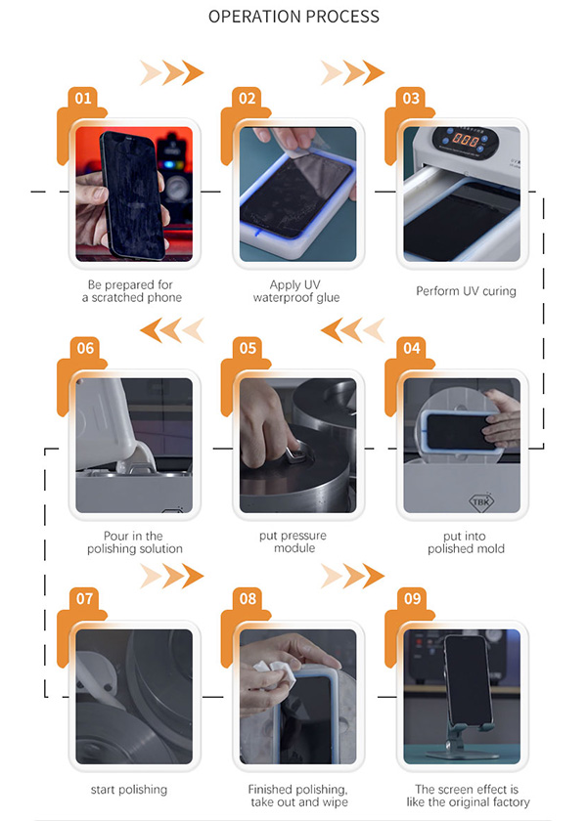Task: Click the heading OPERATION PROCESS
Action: (293, 17)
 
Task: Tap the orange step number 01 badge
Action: (83, 98)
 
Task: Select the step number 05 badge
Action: (248, 348)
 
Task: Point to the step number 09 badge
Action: (412, 598)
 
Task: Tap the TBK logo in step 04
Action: (481, 502)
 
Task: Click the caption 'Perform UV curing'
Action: (466, 291)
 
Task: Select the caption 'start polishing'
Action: (129, 790)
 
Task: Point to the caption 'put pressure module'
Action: (293, 541)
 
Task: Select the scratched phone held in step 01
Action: (131, 195)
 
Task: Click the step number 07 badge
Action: (84, 598)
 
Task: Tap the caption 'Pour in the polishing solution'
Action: (135, 542)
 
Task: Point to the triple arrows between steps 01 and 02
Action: (172, 72)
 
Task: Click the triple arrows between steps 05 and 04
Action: (352, 330)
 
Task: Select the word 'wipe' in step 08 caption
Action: (335, 802)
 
